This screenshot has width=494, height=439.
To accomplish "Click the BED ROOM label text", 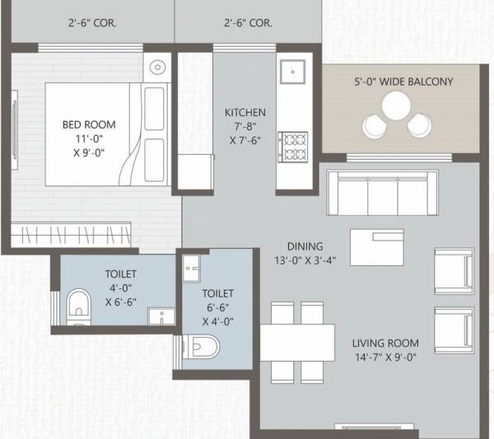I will (x=89, y=124).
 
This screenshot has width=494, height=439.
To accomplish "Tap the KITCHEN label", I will (x=245, y=112).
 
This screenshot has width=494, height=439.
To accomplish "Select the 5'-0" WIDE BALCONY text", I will (x=403, y=82).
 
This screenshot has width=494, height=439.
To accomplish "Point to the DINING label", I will (x=305, y=246).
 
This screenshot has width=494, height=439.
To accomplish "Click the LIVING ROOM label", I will (x=385, y=343).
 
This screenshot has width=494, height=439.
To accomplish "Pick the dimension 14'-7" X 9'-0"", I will (x=385, y=357).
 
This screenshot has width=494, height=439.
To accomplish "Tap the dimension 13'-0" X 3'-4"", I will (x=305, y=260).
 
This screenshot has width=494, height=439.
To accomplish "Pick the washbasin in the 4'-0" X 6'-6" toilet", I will (x=159, y=315).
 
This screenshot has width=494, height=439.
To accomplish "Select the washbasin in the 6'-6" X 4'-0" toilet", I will (x=192, y=267).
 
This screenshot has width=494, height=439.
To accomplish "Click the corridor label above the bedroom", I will (x=92, y=23).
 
